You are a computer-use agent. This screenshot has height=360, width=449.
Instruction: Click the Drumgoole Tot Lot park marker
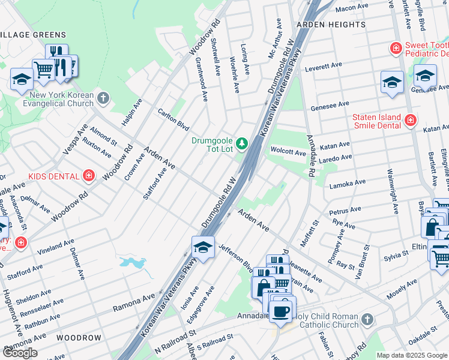click(242, 143)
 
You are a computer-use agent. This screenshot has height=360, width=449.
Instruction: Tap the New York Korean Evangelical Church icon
click(103, 97)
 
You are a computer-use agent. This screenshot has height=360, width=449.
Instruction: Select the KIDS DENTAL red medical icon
click(89, 176)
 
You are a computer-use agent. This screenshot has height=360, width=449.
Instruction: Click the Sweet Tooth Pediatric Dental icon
click(395, 47)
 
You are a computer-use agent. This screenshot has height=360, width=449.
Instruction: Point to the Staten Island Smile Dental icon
click(410, 120)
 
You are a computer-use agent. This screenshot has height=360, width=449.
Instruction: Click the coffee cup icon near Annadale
click(281, 311)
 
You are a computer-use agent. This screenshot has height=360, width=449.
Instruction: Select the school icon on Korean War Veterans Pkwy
click(203, 248)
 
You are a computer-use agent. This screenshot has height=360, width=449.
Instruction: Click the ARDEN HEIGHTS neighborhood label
click(330, 25)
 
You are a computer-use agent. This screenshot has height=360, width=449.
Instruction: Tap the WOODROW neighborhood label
click(80, 338)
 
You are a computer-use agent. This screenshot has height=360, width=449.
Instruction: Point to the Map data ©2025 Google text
click(412, 355)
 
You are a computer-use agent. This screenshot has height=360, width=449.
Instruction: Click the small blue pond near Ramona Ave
click(133, 262)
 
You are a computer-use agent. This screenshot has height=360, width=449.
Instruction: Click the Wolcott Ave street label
click(288, 153)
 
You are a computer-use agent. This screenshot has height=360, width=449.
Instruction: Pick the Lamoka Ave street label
click(347, 183)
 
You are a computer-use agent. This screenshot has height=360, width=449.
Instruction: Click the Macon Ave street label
click(351, 7)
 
